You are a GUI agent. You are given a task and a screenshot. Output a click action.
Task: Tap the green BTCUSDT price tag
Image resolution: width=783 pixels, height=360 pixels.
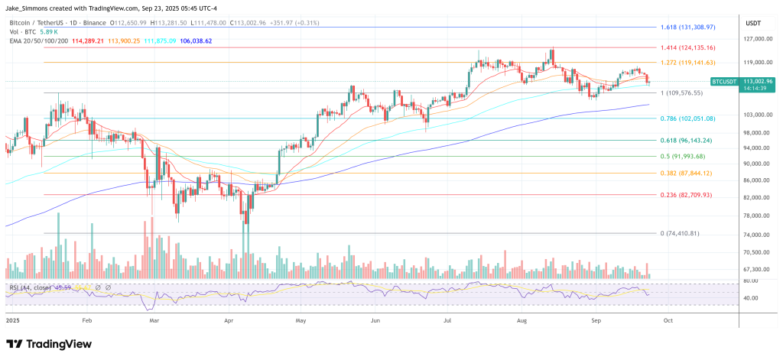pos(726,80)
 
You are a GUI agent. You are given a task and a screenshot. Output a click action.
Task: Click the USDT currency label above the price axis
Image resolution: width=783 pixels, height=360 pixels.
pos(755,23)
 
